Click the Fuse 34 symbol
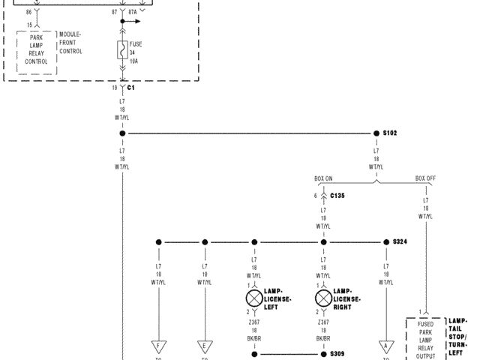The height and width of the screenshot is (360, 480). pos(122,50)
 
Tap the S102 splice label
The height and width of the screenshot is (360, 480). pos(390,133)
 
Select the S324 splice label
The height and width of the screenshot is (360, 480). pos(400,242)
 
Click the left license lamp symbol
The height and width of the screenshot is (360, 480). pos(253,299)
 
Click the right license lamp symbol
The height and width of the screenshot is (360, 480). pos(323,299)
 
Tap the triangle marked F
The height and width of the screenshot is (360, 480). pos(158,346)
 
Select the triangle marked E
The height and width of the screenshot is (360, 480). pos(204,346)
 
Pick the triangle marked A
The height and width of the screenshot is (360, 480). pos(386,346)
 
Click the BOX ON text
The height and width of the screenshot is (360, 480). pos(323,178)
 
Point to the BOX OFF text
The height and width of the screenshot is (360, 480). pos(426,178)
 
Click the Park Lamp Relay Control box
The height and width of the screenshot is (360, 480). pos(37,49)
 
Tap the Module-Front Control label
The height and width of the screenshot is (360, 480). pos(70,43)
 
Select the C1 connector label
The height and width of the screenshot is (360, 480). pos(130,88)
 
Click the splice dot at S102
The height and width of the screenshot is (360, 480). pos(376,133)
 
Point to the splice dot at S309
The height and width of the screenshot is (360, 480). pos(323,353)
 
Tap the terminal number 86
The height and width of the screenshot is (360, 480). pos(28,13)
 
